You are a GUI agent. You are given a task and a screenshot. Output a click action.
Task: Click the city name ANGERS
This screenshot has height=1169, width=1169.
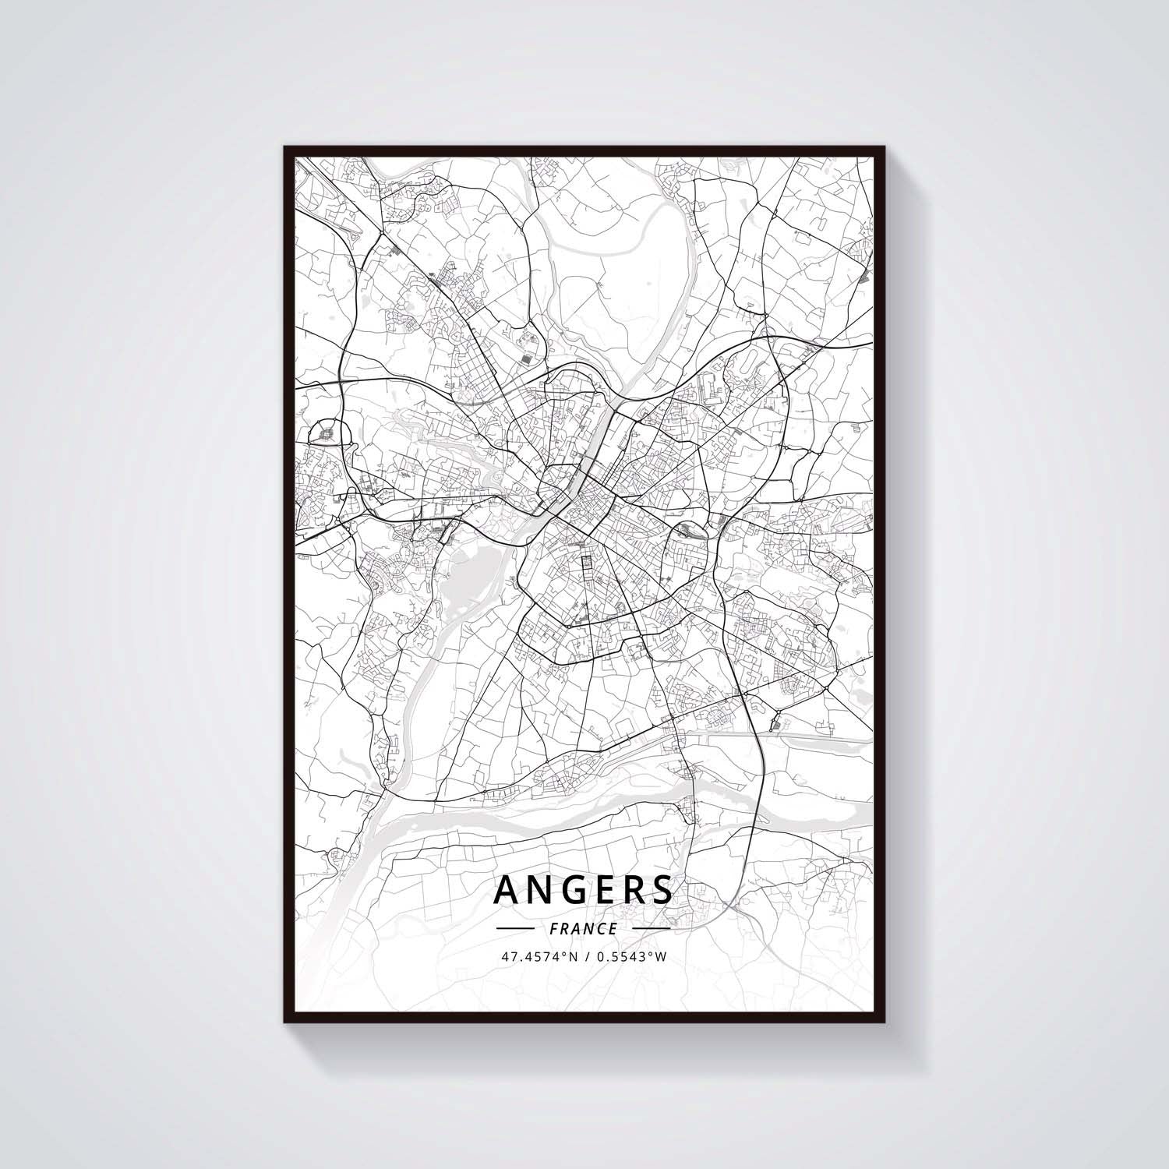click(x=583, y=889)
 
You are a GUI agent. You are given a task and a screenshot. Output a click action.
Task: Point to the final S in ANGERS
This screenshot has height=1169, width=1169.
click(x=661, y=889)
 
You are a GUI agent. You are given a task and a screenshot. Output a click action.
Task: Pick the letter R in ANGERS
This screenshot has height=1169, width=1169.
click(x=633, y=889)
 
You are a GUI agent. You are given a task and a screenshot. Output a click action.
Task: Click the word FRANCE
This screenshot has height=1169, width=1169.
click(x=583, y=929)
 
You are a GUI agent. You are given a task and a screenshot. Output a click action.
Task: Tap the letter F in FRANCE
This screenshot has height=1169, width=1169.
click(x=553, y=929)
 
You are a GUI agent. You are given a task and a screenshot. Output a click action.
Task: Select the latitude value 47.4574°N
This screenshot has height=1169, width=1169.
click(x=541, y=957)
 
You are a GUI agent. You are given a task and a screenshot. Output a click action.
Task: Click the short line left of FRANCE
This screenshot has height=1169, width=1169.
click(x=514, y=929)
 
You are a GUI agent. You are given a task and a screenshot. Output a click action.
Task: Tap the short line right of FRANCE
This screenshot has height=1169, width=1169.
click(x=651, y=929)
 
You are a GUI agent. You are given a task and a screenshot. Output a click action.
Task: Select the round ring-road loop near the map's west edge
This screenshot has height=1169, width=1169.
click(x=324, y=433)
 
